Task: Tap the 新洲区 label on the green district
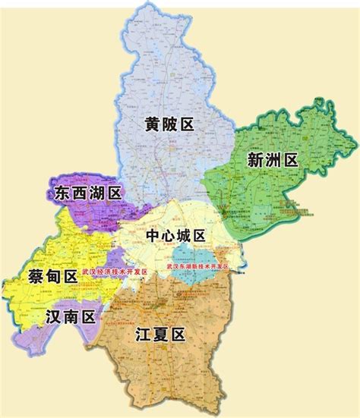(272, 159)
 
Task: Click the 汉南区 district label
(70, 317)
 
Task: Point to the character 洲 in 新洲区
(272, 159)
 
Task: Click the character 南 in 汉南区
(70, 317)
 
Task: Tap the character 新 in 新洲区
(252, 159)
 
